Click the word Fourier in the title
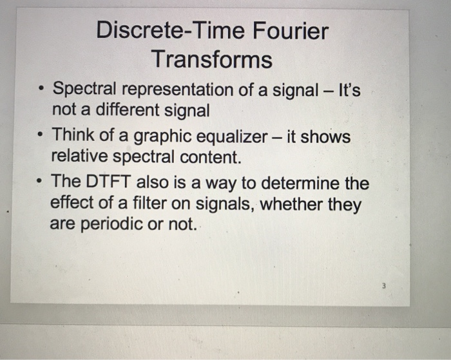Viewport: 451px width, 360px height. coord(291,31)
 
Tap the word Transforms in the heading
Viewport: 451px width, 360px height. coord(212,60)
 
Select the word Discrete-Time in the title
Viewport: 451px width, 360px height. coord(171,31)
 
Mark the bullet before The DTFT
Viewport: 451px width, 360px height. coord(41,182)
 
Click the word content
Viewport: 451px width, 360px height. coord(210,156)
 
